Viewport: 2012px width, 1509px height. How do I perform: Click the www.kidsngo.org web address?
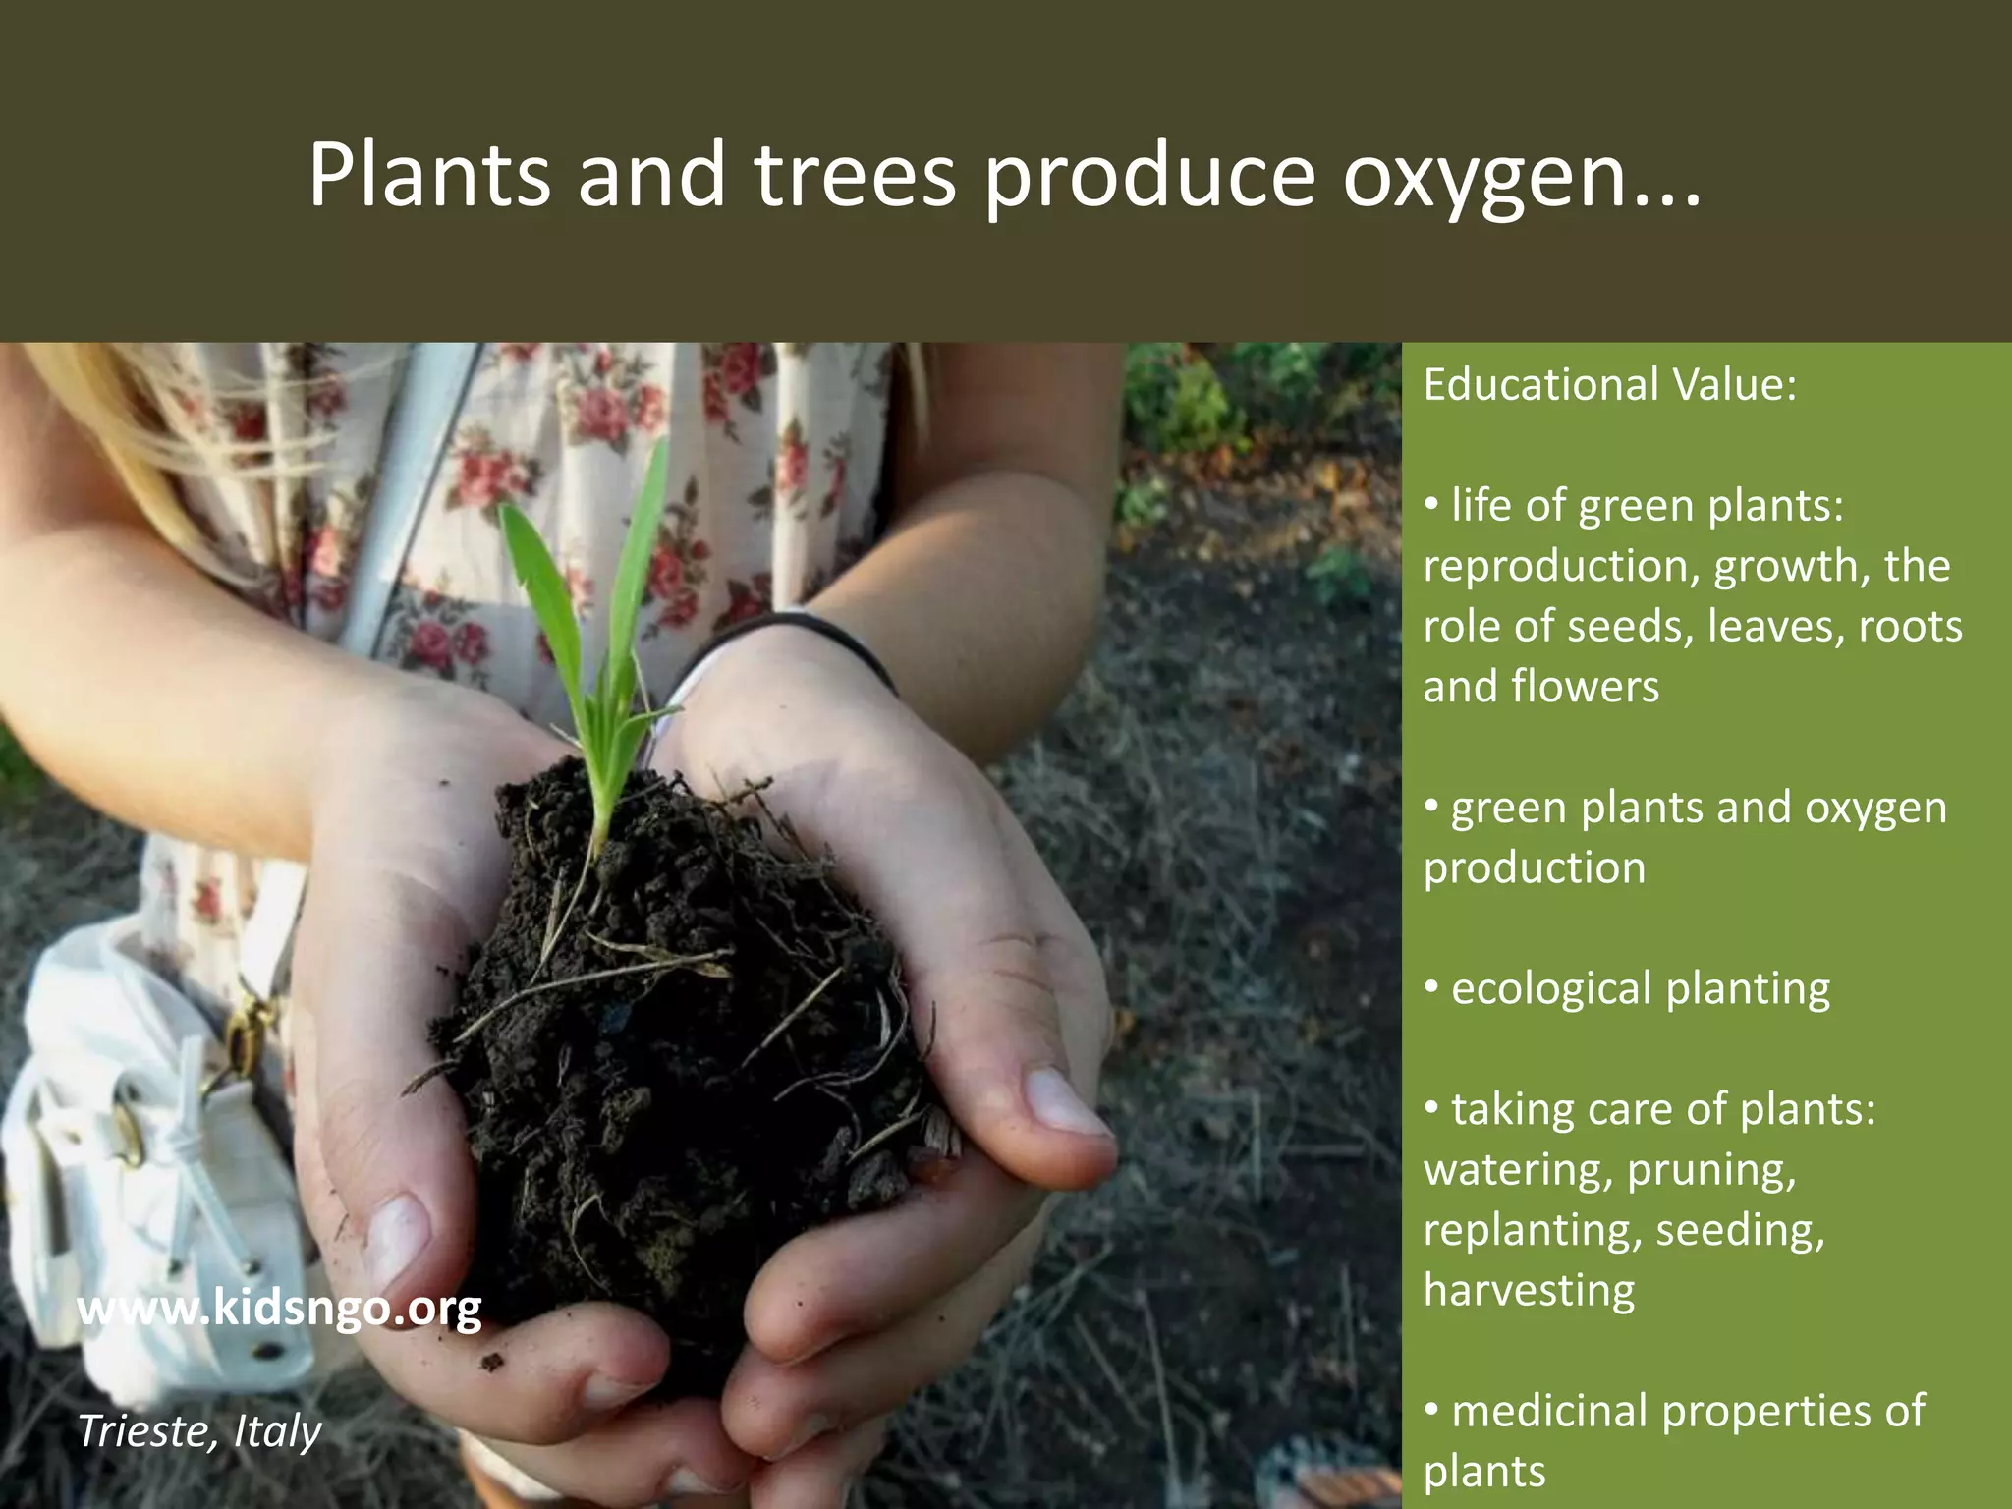(279, 1309)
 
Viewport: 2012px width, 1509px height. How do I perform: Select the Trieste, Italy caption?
(199, 1431)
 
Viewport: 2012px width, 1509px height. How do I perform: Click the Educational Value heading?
(1609, 384)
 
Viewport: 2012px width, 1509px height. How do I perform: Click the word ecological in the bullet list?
(1550, 989)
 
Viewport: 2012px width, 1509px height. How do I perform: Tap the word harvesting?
(1529, 1291)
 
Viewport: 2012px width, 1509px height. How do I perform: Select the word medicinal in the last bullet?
(1548, 1412)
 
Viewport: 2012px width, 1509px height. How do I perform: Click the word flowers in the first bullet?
(1586, 687)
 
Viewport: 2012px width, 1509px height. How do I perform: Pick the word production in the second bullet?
(1534, 868)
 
